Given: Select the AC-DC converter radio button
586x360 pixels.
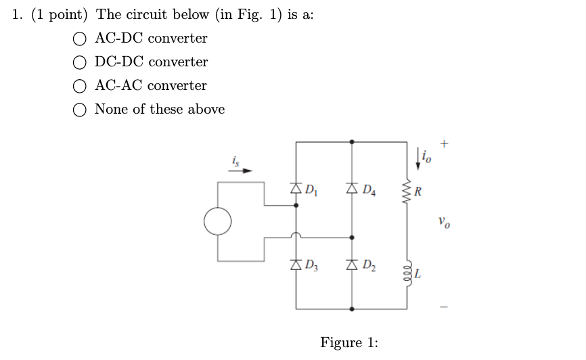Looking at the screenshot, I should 81,39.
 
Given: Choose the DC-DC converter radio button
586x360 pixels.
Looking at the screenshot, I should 81,62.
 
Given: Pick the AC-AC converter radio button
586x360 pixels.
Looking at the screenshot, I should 81,86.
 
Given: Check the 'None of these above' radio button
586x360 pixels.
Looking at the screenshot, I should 81,110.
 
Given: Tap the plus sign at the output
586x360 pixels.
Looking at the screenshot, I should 444,143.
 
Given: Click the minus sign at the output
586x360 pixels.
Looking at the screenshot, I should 444,306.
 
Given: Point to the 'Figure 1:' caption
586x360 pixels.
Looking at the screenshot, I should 349,342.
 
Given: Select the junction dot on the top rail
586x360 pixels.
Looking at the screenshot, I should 351,142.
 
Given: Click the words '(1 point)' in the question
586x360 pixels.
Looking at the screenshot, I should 62,15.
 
